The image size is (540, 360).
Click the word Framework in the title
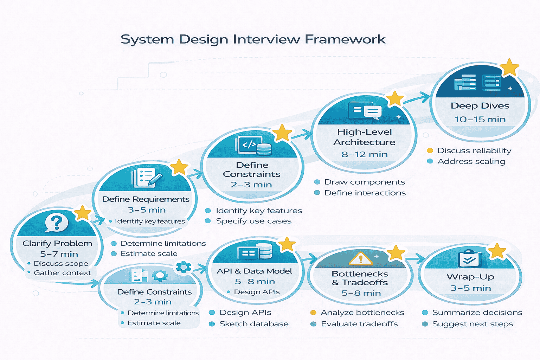pyautogui.click(x=345, y=39)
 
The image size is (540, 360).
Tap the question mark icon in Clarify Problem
pyautogui.click(x=56, y=223)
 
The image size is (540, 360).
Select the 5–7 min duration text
pyautogui.click(x=59, y=254)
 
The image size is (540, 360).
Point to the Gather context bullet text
pyautogui.click(x=62, y=273)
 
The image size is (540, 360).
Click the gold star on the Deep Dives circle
pyautogui.click(x=509, y=67)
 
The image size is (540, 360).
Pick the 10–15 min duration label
pyautogui.click(x=480, y=120)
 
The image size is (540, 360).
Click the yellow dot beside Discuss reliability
pyautogui.click(x=430, y=151)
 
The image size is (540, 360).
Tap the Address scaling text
pyautogui.click(x=471, y=161)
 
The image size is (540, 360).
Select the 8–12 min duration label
pyautogui.click(x=364, y=154)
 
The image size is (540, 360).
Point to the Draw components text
pyautogui.click(x=365, y=182)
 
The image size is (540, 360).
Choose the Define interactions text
pyautogui.click(x=365, y=193)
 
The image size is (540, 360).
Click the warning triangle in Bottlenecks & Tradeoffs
pyautogui.click(x=360, y=259)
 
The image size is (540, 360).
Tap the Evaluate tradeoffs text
pyautogui.click(x=359, y=324)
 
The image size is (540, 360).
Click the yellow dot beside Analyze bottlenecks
pyautogui.click(x=313, y=313)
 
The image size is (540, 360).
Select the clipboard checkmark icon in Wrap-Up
pyautogui.click(x=469, y=259)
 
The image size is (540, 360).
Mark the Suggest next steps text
pyautogui.click(x=472, y=324)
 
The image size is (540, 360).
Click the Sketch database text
pyautogui.click(x=254, y=324)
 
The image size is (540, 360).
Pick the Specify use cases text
pyautogui.click(x=253, y=221)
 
